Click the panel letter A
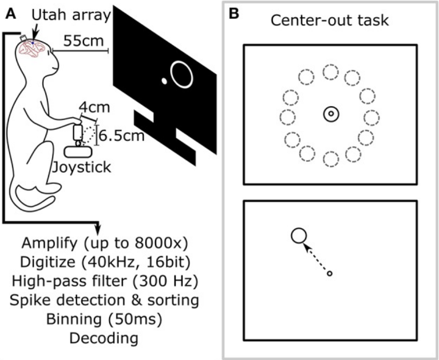[x=10, y=14]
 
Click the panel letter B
[x=234, y=14]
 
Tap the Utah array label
[x=71, y=15]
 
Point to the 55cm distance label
[x=83, y=41]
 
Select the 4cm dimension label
[x=95, y=107]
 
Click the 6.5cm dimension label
[x=122, y=136]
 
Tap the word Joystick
[x=82, y=168]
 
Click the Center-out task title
[x=329, y=21]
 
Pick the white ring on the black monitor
[x=171, y=74]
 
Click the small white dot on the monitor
[x=165, y=81]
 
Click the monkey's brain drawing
[x=31, y=48]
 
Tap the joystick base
[x=78, y=152]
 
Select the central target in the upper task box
[x=331, y=114]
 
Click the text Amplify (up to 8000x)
[x=105, y=244]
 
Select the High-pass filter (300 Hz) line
[x=105, y=281]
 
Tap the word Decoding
[x=104, y=338]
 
